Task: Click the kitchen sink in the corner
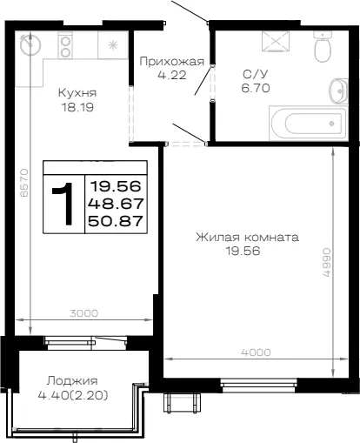click(30, 45)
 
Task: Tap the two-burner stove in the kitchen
click(65, 45)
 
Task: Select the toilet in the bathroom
click(323, 47)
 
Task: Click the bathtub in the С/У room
click(308, 123)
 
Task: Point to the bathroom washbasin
click(338, 91)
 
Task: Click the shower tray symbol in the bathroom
click(276, 42)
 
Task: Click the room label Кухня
click(77, 93)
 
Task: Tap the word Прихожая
click(172, 62)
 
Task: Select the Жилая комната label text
click(247, 237)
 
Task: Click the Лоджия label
click(73, 380)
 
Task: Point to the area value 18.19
click(77, 108)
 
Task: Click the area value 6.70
click(256, 88)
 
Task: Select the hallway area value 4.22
click(172, 75)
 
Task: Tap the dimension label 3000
click(84, 313)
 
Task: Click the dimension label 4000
click(257, 352)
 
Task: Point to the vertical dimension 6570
click(24, 183)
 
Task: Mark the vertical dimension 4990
click(326, 262)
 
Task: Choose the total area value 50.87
click(116, 221)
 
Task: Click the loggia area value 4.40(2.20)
click(73, 395)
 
